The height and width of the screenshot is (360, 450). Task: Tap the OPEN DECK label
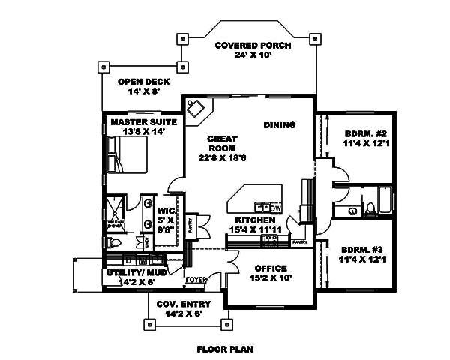point(144,82)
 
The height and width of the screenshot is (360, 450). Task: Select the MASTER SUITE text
point(143,121)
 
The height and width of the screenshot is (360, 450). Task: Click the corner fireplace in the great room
point(198,109)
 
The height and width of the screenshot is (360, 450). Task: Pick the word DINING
point(279,125)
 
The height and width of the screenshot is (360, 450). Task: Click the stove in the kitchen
point(269,240)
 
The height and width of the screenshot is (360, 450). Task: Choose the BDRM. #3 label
point(363,249)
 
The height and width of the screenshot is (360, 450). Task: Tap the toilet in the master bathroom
point(111,242)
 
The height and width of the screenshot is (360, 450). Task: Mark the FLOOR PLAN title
point(225,349)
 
